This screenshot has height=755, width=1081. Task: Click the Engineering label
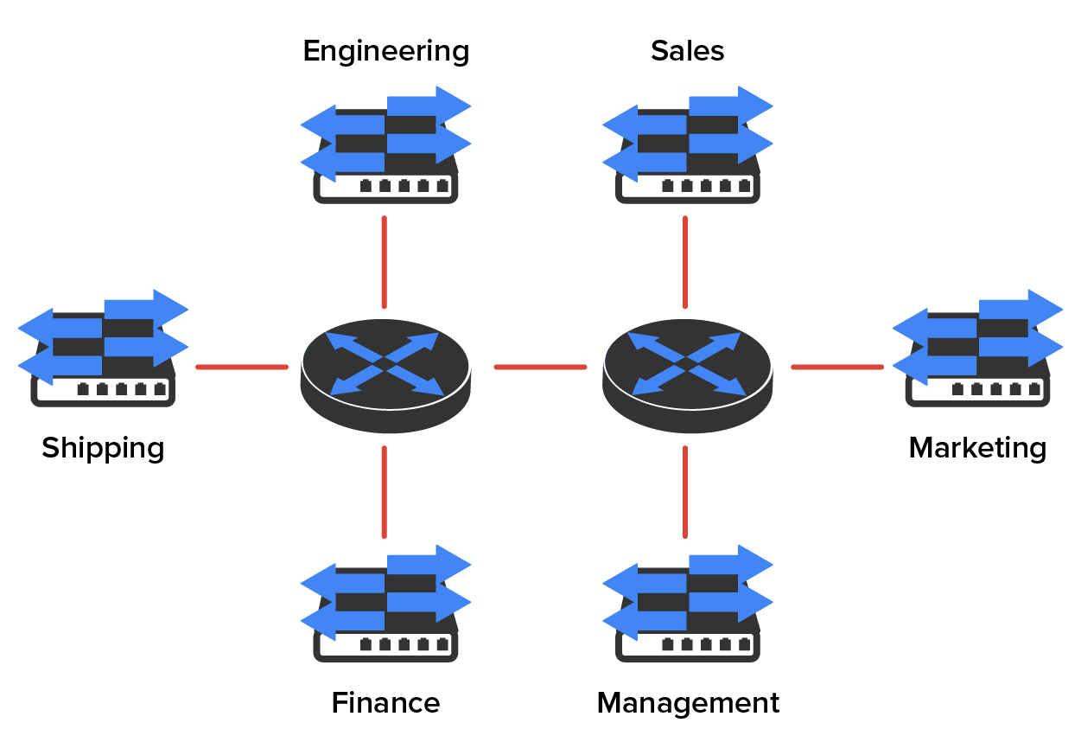click(385, 52)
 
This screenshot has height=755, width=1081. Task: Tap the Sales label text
click(687, 51)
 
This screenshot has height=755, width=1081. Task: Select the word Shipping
click(103, 449)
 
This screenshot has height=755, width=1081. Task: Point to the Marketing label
click(977, 448)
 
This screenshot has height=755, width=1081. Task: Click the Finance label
click(385, 703)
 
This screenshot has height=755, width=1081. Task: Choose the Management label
click(688, 703)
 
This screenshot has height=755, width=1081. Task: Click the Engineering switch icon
click(385, 147)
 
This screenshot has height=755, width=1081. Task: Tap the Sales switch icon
click(687, 147)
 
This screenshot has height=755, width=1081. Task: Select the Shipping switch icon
click(103, 349)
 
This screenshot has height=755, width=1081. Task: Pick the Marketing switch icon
click(977, 349)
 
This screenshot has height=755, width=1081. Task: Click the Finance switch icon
click(385, 605)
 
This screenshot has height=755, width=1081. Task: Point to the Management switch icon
click(687, 605)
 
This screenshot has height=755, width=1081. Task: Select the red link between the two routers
click(540, 368)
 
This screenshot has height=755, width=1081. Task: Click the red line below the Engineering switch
click(384, 262)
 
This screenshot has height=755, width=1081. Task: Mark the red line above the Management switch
click(685, 491)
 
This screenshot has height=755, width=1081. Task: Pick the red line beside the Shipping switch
click(241, 368)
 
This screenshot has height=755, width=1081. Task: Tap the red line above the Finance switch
click(384, 491)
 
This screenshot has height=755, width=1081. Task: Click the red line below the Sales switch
click(685, 262)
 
